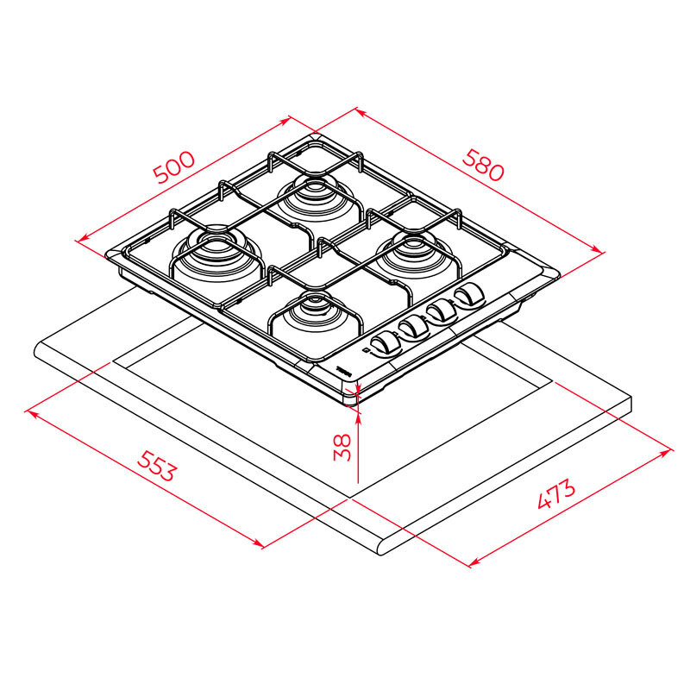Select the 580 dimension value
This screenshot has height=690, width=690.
tap(483, 164)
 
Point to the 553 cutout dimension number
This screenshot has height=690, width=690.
tap(157, 467)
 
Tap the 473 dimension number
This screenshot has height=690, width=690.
tap(555, 498)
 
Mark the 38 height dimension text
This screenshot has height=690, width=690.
tap(343, 446)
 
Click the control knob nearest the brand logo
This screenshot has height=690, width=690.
tap(383, 343)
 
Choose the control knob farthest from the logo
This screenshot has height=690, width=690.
tap(470, 296)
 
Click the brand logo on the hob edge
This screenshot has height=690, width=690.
tap(344, 369)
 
